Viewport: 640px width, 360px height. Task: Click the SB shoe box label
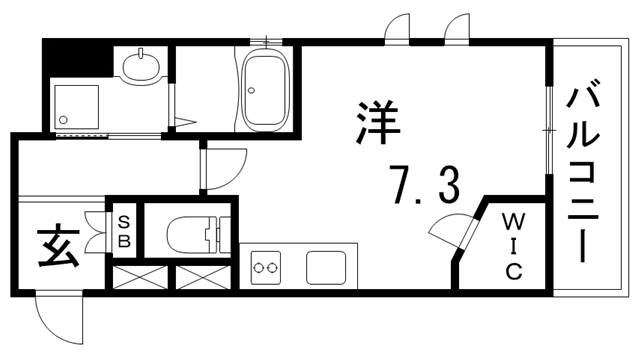(125, 231)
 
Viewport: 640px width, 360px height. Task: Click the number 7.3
(424, 186)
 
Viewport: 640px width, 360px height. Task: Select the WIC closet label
(511, 244)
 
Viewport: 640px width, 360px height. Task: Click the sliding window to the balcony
(548, 125)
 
